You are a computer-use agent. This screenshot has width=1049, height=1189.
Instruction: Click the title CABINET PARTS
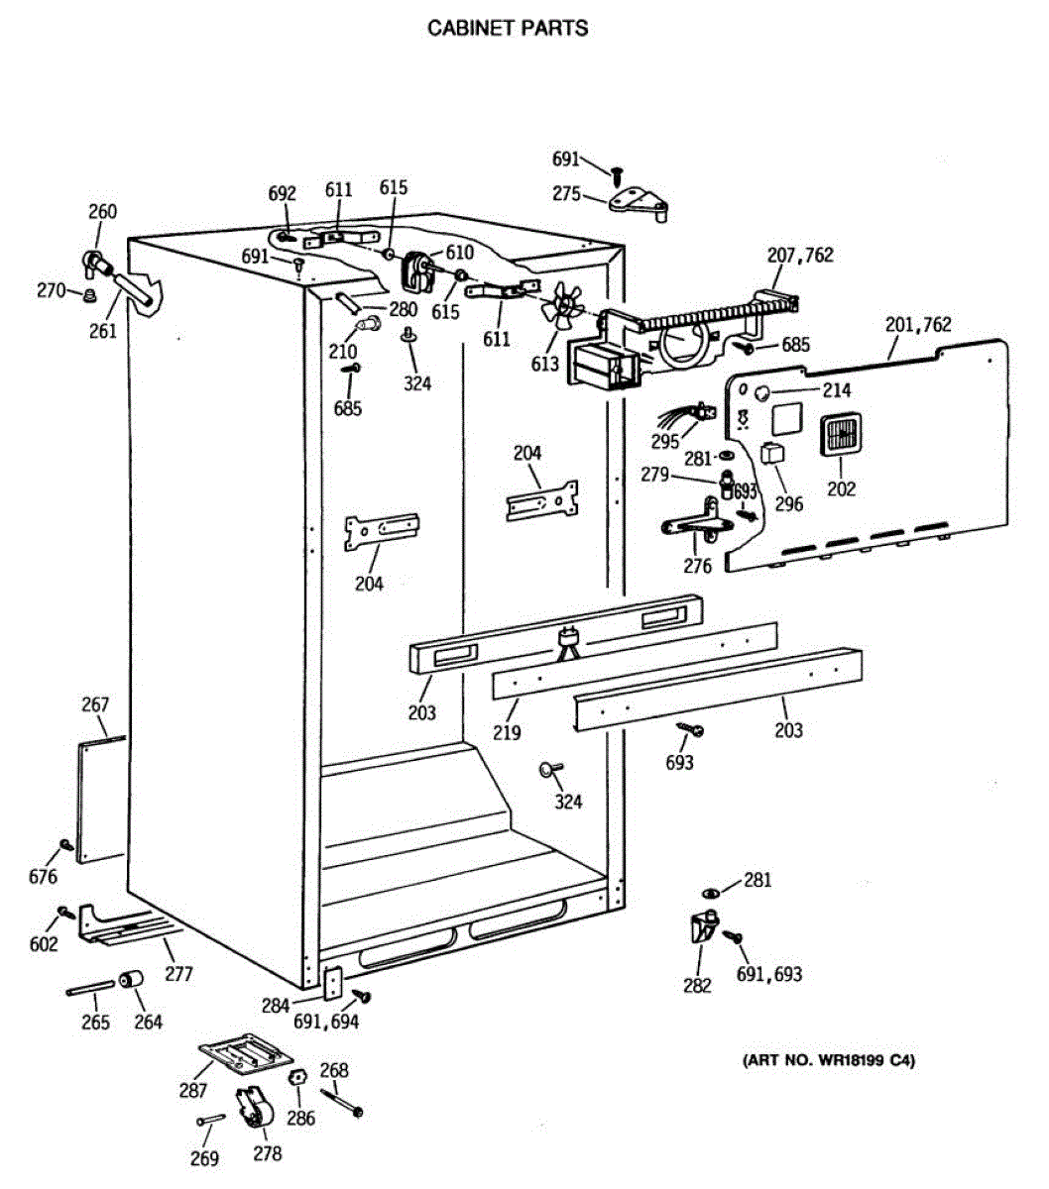coord(507,28)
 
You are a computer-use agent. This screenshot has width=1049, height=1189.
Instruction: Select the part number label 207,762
coord(799,256)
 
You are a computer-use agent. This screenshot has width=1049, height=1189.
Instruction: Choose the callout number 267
coord(95,705)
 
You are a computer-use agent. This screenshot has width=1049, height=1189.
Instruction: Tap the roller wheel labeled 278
coord(255,1109)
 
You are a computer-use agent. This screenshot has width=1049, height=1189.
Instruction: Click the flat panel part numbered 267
coord(102,799)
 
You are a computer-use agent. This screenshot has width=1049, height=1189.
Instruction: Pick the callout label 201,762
coord(917,325)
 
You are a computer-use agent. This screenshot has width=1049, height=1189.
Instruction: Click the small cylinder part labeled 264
coord(130,981)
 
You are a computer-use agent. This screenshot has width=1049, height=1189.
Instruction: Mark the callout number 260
coord(102,211)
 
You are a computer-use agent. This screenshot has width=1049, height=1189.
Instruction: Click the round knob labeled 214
coord(762,394)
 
